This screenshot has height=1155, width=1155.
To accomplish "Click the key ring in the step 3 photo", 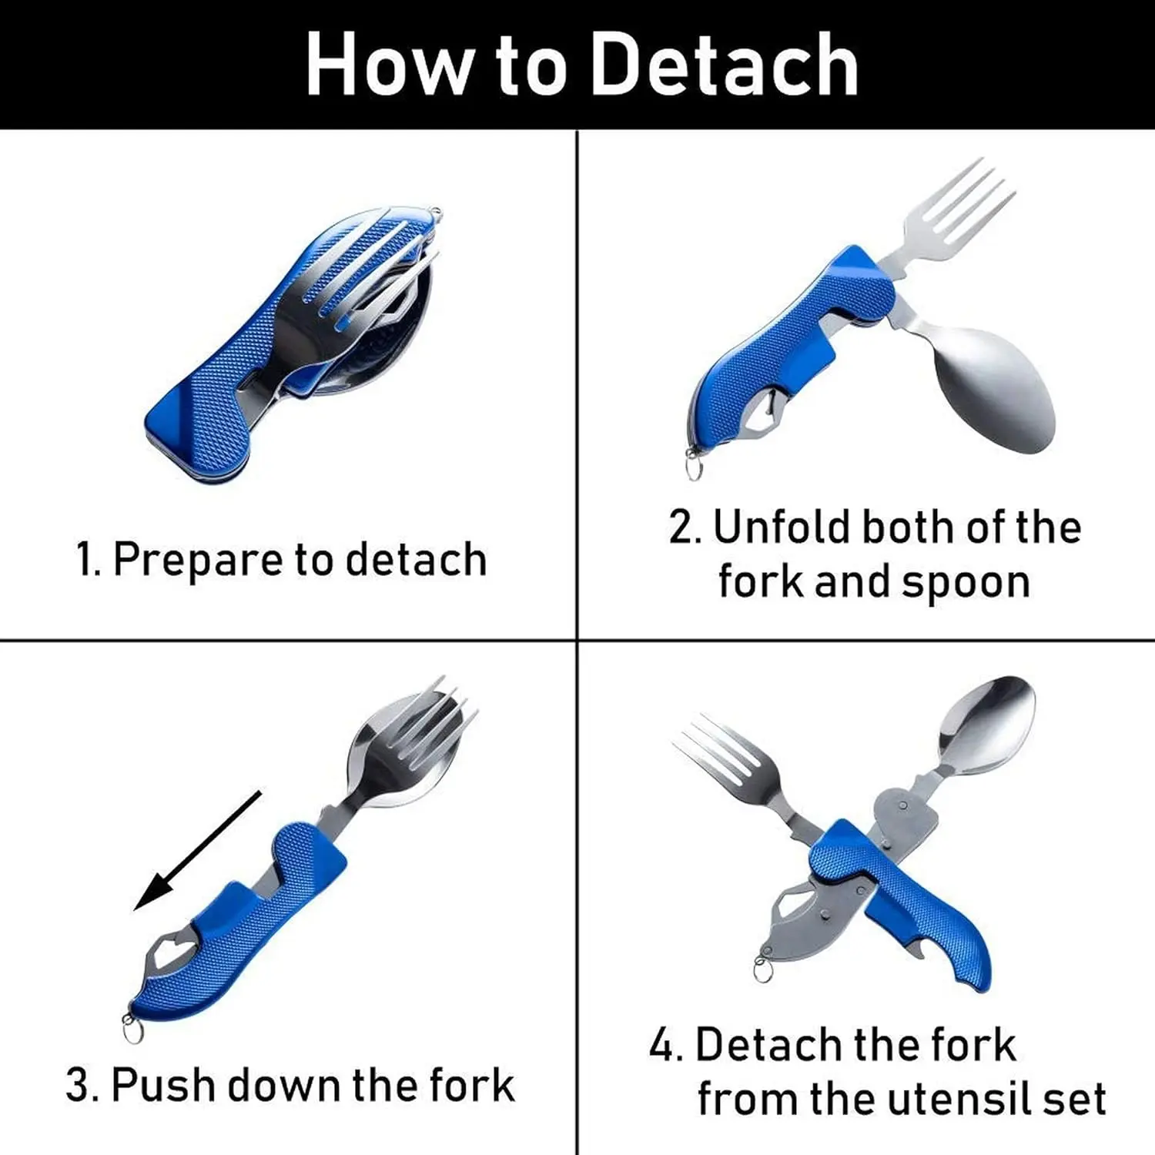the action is pyautogui.click(x=132, y=1029).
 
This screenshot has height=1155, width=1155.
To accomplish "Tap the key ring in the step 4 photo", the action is pyautogui.click(x=763, y=969).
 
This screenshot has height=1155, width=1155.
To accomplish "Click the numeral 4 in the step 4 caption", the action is pyautogui.click(x=663, y=1046).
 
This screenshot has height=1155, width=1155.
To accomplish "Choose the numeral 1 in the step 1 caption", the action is pyautogui.click(x=85, y=559).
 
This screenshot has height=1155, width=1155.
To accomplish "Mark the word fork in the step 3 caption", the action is pyautogui.click(x=472, y=1085).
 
